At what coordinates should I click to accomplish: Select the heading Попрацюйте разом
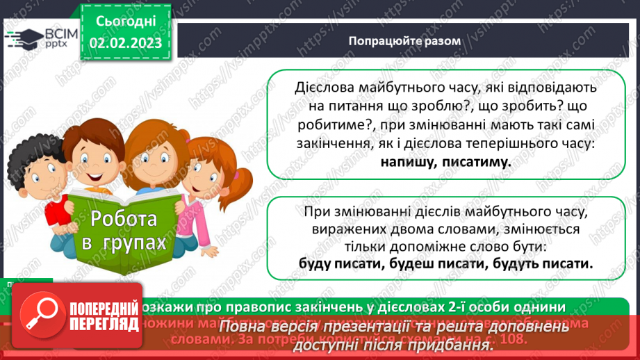404,40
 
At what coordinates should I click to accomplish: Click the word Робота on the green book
124,220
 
